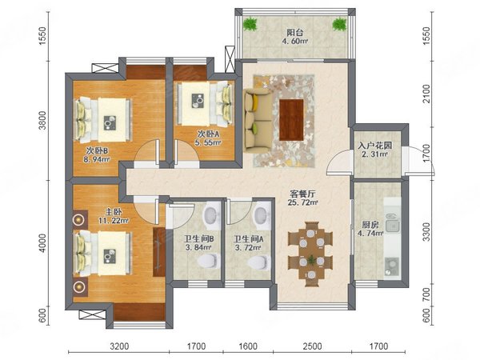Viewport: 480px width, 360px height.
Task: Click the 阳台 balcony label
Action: click(294, 32)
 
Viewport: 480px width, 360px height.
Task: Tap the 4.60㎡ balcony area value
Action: click(295, 41)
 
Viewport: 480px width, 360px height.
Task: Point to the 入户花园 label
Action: click(374, 146)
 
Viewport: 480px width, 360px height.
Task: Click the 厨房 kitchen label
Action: click(370, 225)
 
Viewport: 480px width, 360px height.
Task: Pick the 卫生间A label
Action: click(248, 238)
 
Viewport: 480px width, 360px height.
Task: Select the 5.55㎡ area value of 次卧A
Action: click(208, 142)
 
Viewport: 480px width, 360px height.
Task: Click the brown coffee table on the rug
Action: click(291, 120)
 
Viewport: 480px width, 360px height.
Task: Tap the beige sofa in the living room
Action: click(258, 121)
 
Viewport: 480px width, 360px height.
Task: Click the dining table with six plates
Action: click(310, 254)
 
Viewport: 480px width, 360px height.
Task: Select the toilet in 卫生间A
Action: click(259, 262)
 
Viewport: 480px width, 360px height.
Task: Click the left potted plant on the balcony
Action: click(250, 24)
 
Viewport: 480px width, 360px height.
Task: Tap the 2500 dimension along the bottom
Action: click(312, 346)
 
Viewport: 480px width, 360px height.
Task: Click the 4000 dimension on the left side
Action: click(43, 243)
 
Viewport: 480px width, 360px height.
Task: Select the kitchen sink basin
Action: click(392, 226)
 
